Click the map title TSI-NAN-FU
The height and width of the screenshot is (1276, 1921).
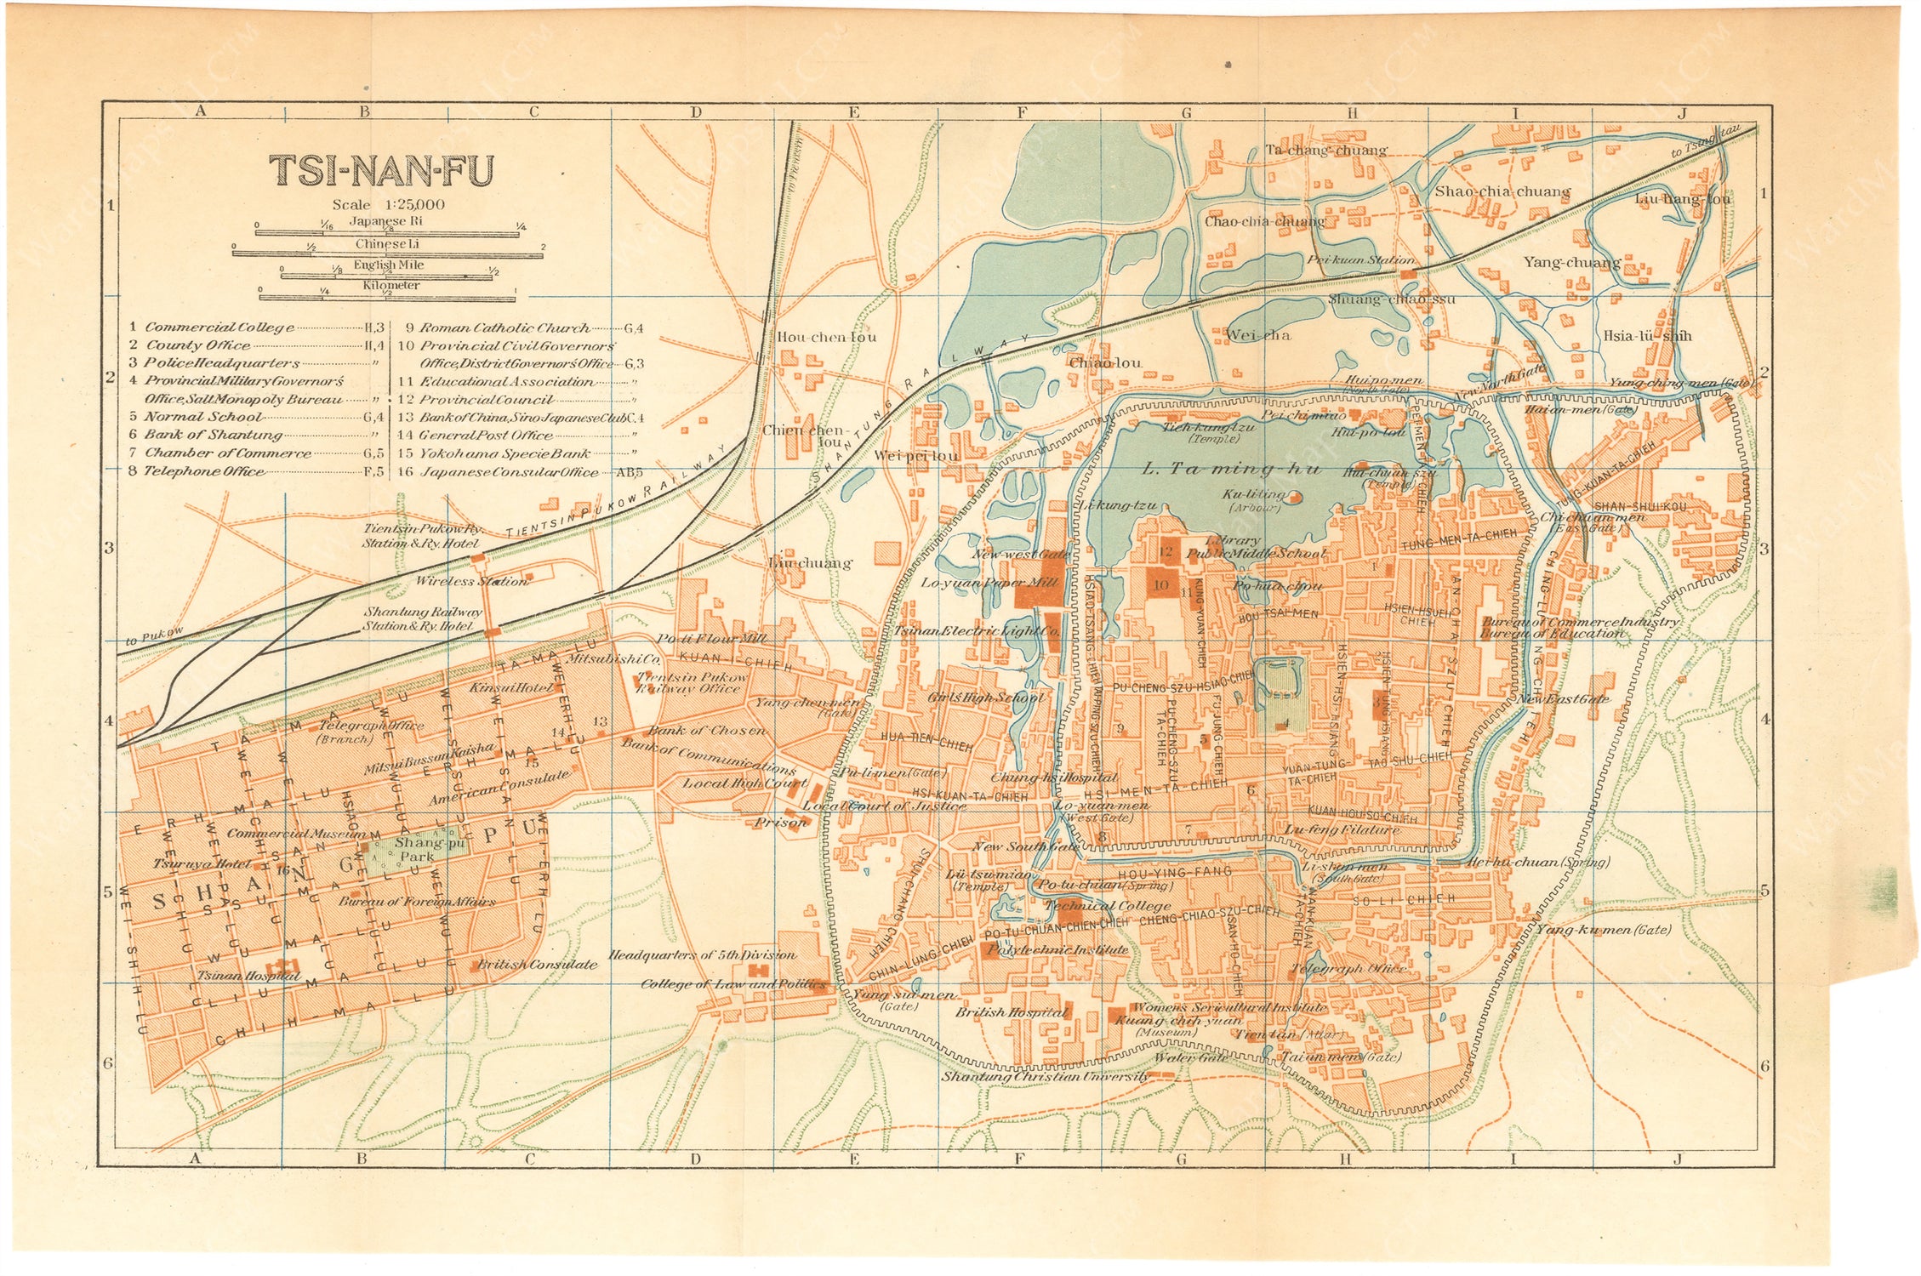pyautogui.click(x=381, y=171)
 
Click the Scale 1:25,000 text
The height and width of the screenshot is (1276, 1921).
pyautogui.click(x=389, y=204)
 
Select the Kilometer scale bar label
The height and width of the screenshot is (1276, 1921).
pyautogui.click(x=391, y=285)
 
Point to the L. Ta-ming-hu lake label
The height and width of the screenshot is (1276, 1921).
pyautogui.click(x=1230, y=469)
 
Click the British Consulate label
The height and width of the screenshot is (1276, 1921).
pyautogui.click(x=537, y=965)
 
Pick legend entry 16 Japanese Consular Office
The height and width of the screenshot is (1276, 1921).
pyautogui.click(x=509, y=472)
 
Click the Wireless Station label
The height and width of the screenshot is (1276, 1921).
pyautogui.click(x=471, y=581)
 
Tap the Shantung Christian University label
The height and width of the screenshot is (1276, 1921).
pyautogui.click(x=1045, y=1077)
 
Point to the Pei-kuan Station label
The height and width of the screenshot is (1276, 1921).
pyautogui.click(x=1360, y=260)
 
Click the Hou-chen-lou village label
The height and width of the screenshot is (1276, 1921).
pyautogui.click(x=826, y=337)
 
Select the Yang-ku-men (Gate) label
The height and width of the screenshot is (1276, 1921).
pyautogui.click(x=1603, y=930)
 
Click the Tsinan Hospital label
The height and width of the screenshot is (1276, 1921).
pyautogui.click(x=248, y=976)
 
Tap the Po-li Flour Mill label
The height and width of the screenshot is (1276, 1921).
pyautogui.click(x=711, y=638)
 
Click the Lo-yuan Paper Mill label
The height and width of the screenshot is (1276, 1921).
pyautogui.click(x=990, y=583)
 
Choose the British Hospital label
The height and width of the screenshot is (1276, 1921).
pyautogui.click(x=1011, y=1012)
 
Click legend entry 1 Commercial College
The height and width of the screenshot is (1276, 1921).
pyautogui.click(x=219, y=328)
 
